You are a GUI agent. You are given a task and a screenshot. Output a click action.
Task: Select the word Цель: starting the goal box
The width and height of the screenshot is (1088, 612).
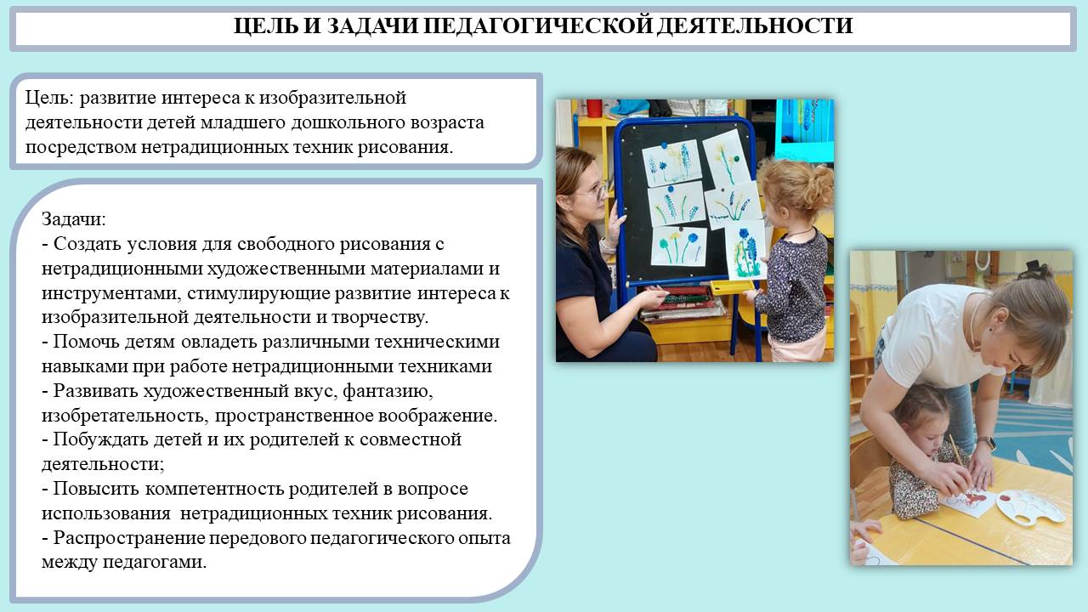click(49, 98)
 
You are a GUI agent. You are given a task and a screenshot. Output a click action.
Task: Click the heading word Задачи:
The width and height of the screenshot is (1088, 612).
click(73, 219)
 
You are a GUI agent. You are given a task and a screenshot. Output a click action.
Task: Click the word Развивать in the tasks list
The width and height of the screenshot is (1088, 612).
click(94, 391)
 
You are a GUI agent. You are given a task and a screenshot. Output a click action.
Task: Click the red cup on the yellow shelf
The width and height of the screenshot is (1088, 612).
click(594, 108)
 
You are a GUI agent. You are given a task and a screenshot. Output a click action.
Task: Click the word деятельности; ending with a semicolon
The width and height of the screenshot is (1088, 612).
click(103, 464)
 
